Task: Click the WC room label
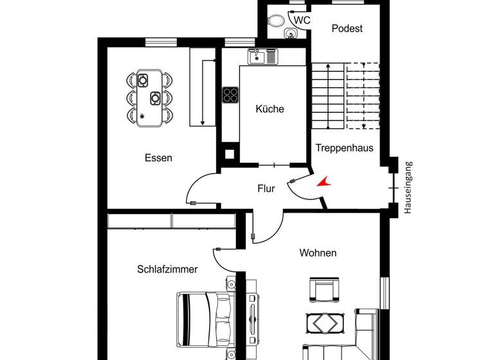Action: click(x=302, y=21)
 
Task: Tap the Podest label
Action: click(x=347, y=28)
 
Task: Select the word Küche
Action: click(x=270, y=109)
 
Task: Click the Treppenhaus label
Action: click(x=344, y=148)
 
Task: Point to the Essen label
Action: click(x=158, y=157)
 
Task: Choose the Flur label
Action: click(x=266, y=189)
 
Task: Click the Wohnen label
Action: click(x=318, y=253)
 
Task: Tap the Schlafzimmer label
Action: click(x=167, y=269)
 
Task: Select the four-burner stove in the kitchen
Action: click(x=230, y=95)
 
